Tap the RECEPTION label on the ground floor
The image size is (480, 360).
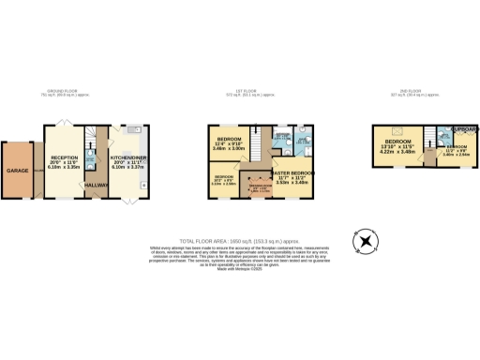click(x=64, y=157)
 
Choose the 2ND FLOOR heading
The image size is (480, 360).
click(x=410, y=92)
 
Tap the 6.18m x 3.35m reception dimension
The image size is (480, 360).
click(x=64, y=169)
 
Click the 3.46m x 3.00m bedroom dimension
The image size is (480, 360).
click(x=229, y=149)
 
